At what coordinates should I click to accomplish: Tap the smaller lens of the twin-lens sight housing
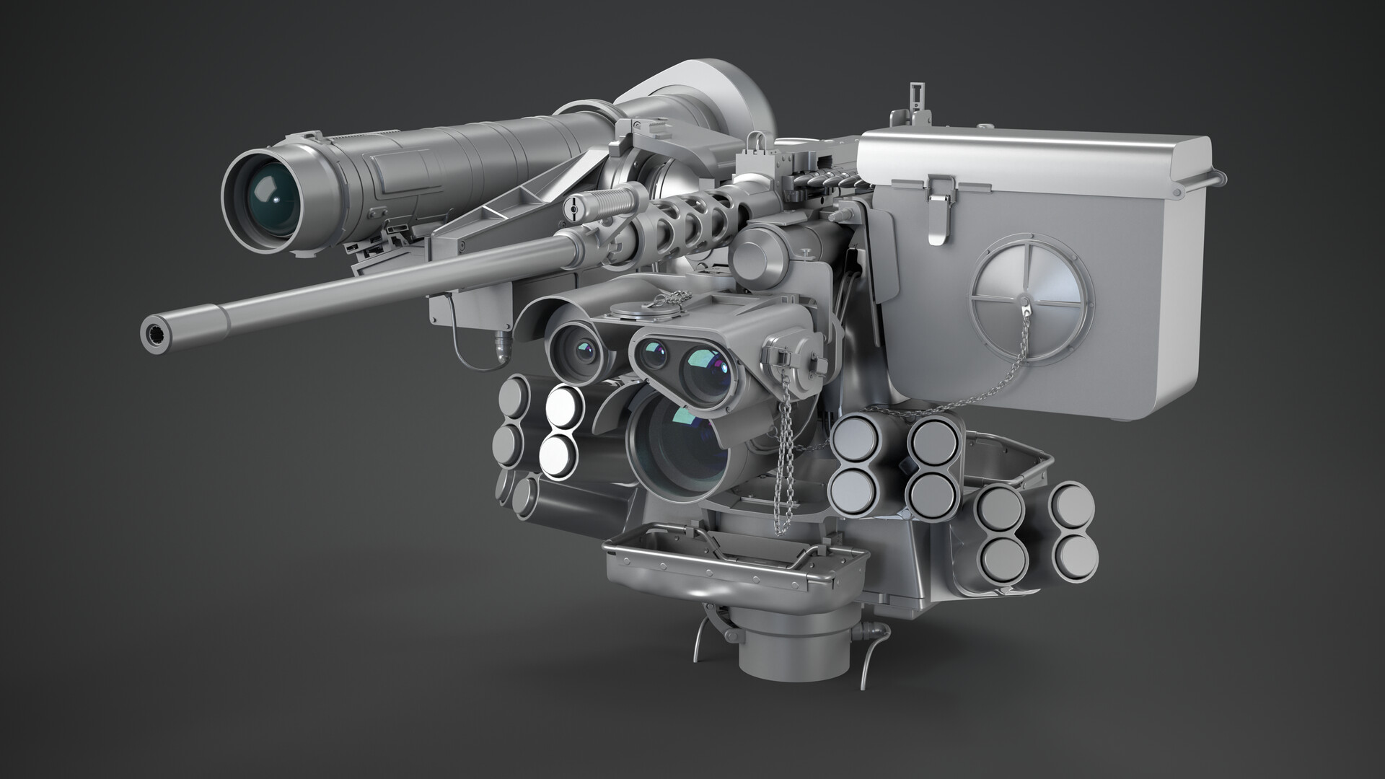click(654, 354)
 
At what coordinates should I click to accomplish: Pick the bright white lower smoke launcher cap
click(558, 454)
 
